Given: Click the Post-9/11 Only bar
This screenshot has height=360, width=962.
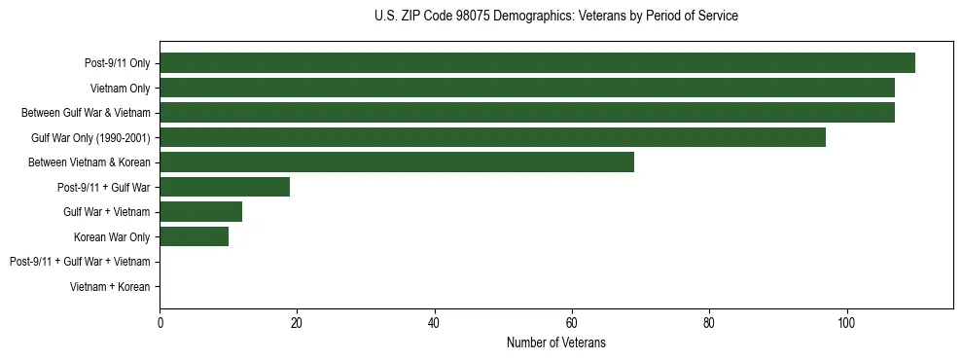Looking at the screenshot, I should [x=537, y=63].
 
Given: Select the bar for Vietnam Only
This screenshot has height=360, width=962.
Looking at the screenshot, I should [x=526, y=89].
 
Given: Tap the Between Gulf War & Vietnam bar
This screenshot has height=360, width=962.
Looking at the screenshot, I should [x=526, y=113].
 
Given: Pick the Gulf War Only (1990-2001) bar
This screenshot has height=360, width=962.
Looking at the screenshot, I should [x=492, y=137].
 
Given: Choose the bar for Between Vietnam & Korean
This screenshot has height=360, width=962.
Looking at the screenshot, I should [x=397, y=162].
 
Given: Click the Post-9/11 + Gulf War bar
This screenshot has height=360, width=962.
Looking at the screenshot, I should [x=225, y=187].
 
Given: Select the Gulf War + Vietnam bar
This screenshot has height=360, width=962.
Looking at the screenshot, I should [x=200, y=212].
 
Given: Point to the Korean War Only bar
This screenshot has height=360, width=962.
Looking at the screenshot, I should [x=194, y=236].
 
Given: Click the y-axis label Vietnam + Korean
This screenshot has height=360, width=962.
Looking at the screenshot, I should [x=110, y=287].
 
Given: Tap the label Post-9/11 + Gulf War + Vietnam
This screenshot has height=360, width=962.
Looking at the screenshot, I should [x=80, y=262].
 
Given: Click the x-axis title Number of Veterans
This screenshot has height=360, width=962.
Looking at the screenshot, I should [x=555, y=342].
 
